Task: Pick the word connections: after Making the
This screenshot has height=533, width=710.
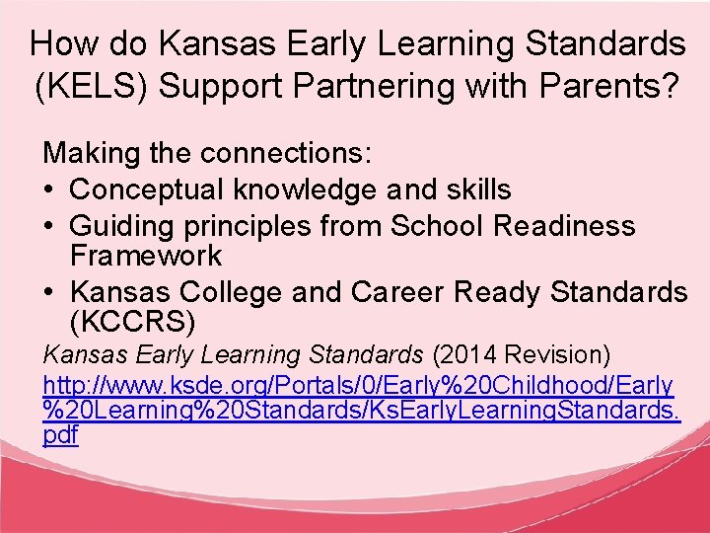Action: pyautogui.click(x=286, y=154)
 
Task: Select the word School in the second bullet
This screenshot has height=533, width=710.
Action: pyautogui.click(x=437, y=226)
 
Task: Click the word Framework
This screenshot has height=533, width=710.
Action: pyautogui.click(x=146, y=256)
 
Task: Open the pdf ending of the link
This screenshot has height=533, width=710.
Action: pyautogui.click(x=60, y=435)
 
